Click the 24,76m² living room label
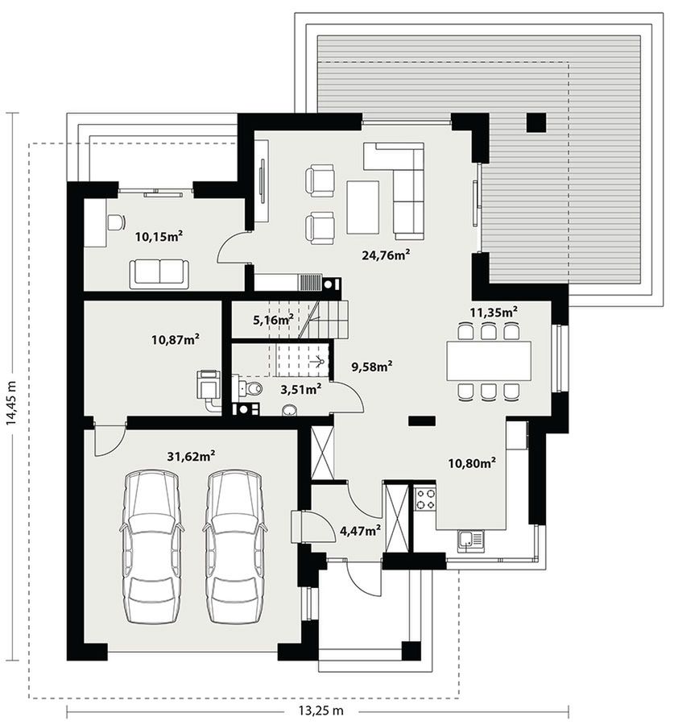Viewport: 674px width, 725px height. (386, 255)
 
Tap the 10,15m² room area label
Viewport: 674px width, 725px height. (159, 236)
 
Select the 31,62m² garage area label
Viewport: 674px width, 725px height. (191, 457)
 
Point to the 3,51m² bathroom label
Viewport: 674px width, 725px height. (300, 389)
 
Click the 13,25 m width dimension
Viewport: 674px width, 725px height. (320, 710)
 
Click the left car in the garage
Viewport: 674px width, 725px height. (151, 547)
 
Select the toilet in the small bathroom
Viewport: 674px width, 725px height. (248, 389)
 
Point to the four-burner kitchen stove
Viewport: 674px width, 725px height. (425, 499)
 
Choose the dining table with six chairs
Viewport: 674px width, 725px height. (489, 361)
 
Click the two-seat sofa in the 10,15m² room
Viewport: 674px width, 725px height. (159, 274)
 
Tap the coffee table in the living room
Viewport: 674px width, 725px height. (363, 207)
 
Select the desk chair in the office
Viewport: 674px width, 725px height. (116, 222)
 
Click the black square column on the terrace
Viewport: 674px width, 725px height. (536, 122)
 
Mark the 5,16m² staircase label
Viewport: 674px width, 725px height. (273, 319)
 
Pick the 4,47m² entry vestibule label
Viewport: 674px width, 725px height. (360, 530)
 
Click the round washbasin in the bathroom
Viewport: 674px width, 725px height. (289, 410)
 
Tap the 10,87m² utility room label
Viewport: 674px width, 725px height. (176, 340)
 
